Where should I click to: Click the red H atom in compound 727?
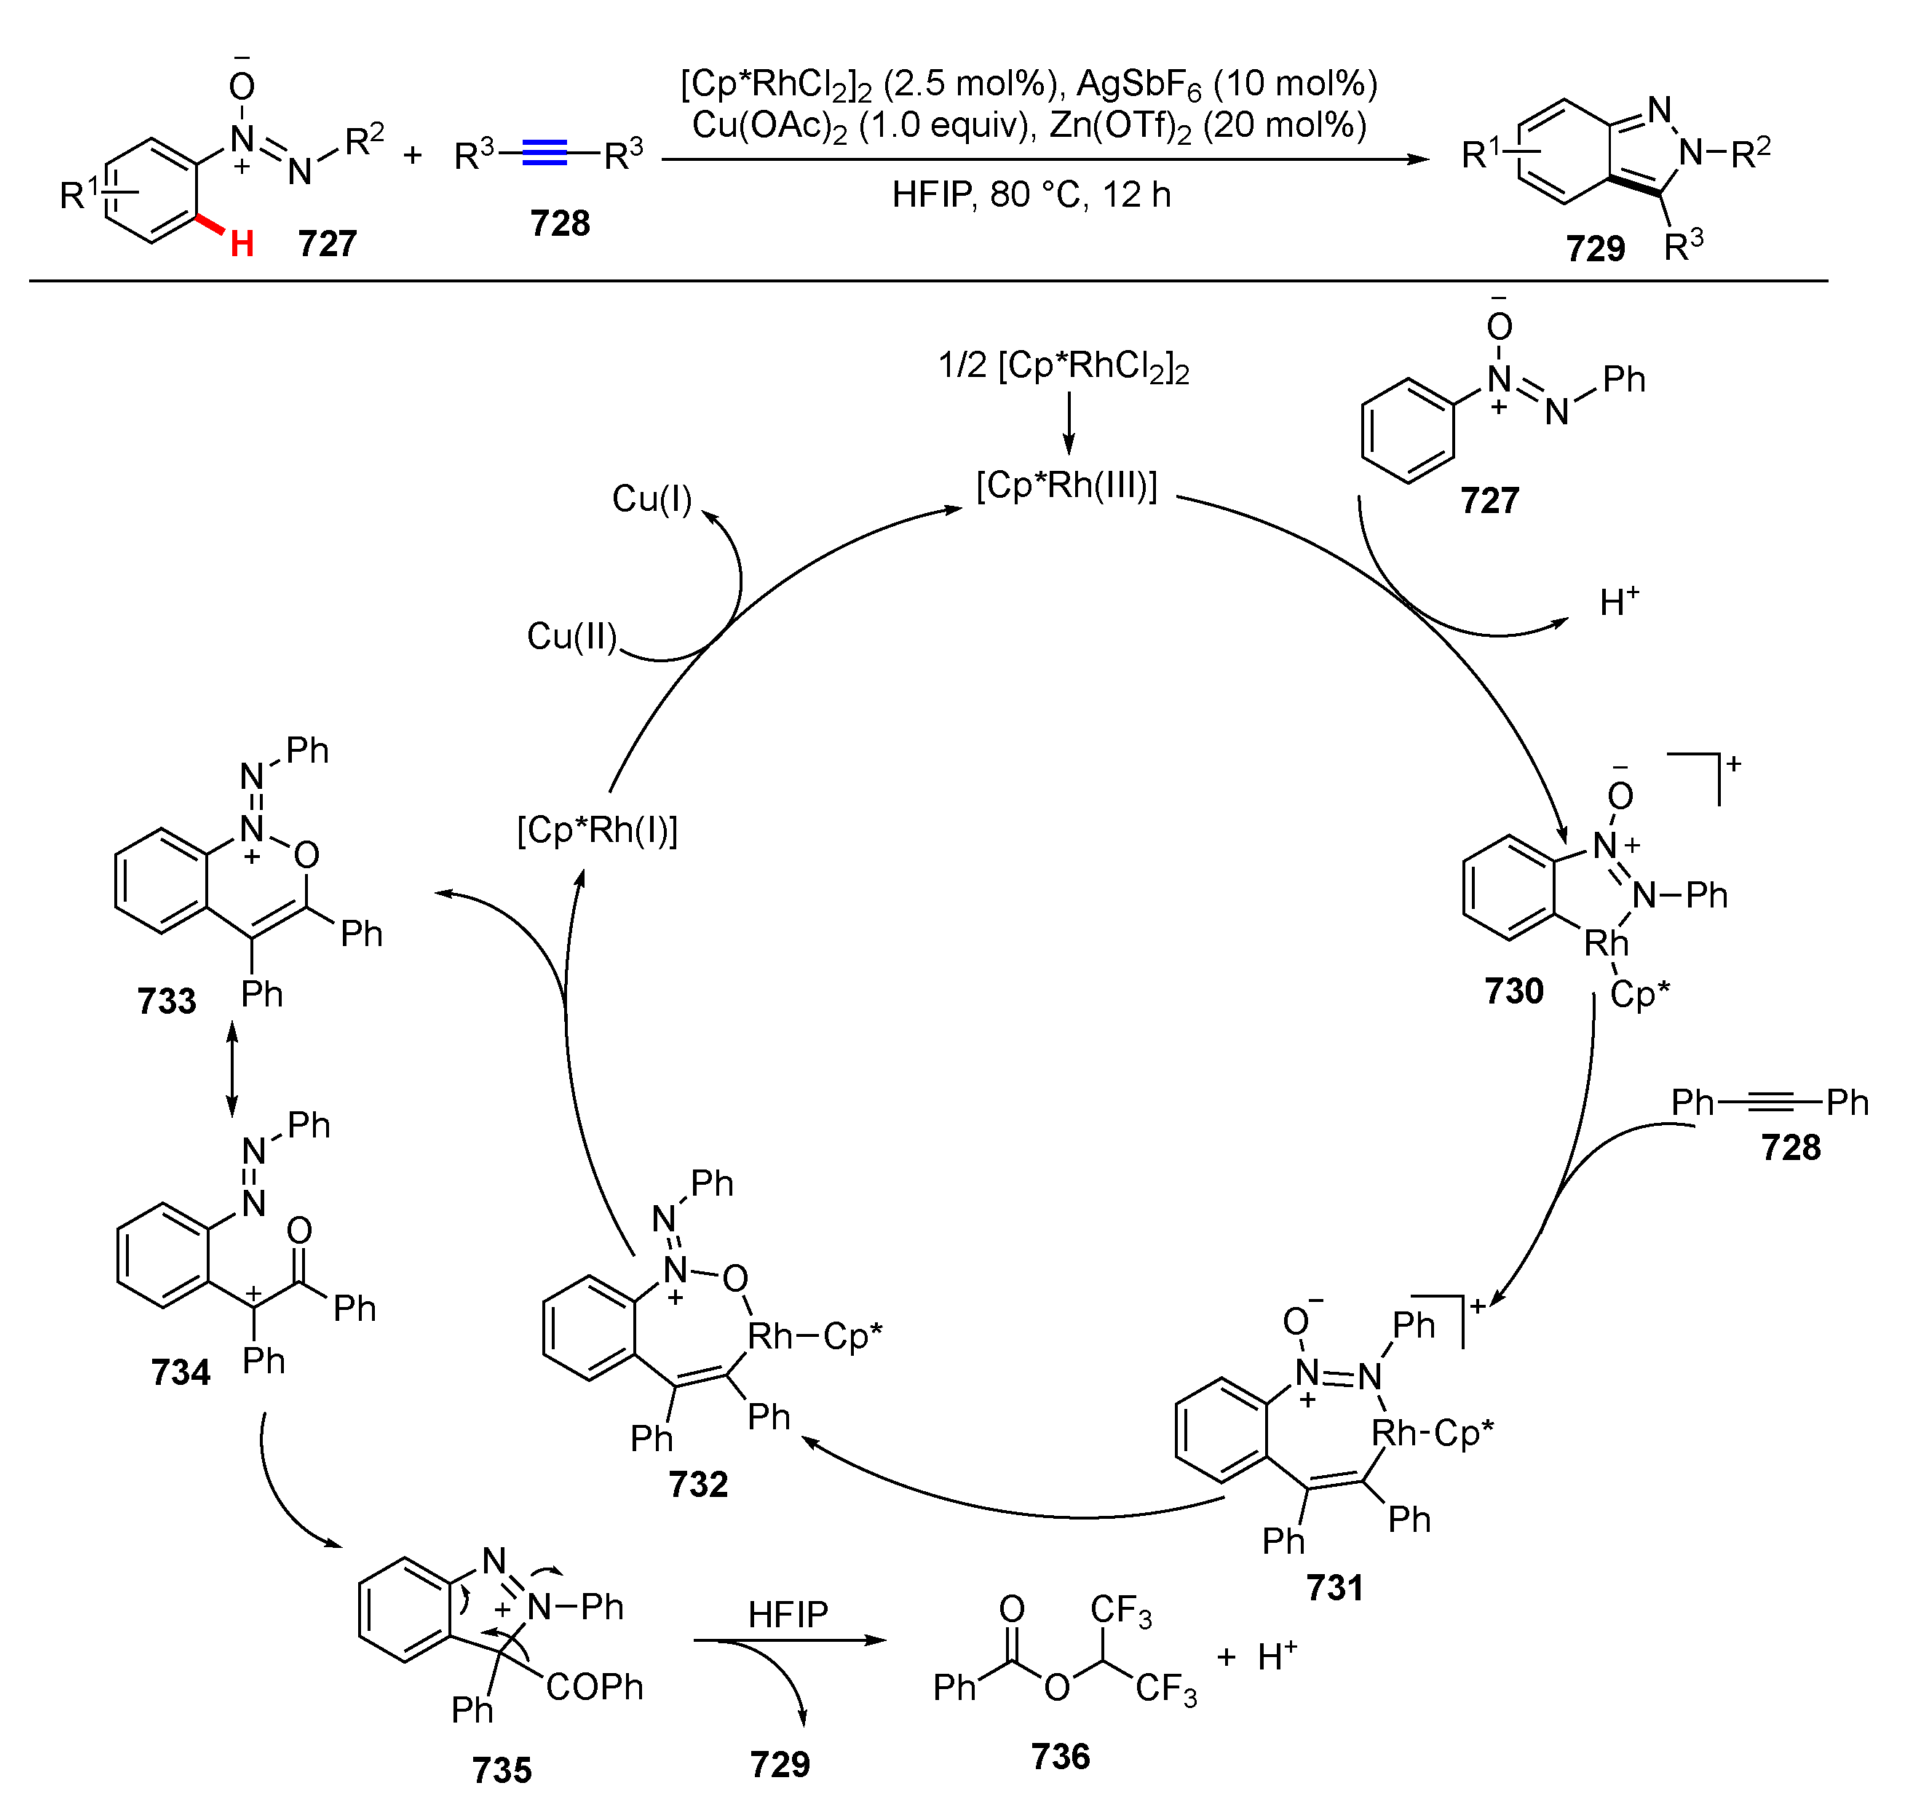click(241, 244)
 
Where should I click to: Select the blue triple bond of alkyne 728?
click(544, 154)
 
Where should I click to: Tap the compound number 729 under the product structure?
click(1596, 249)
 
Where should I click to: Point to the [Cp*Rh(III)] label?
click(1066, 485)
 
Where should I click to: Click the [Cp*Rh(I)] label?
click(597, 830)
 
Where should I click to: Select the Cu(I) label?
click(652, 499)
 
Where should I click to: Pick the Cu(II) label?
click(571, 635)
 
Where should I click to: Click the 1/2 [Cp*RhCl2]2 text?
click(1064, 367)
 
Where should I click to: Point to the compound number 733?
click(167, 1001)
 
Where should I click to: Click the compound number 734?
click(180, 1372)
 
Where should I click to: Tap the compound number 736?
click(1061, 1756)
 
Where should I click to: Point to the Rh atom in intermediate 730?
click(1605, 942)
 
